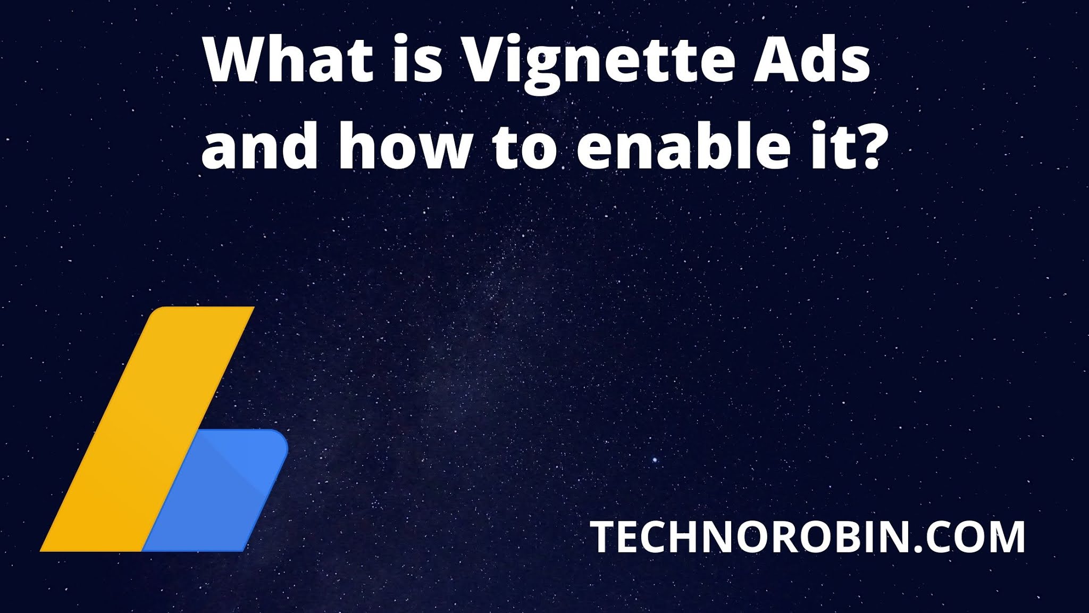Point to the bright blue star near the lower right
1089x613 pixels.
pos(655,460)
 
